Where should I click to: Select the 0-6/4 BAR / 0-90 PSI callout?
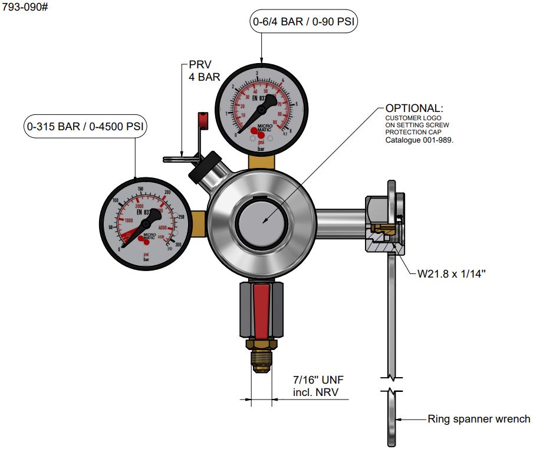coord(304,22)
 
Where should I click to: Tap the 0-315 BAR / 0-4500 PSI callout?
coord(85,126)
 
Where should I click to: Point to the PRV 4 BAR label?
coord(204,70)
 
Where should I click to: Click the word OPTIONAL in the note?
coord(413,108)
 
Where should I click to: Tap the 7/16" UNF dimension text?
coord(317,381)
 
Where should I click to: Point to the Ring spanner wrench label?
coord(478,420)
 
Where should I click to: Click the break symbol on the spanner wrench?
coord(392,384)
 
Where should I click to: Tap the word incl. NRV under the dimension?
coord(316,393)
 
